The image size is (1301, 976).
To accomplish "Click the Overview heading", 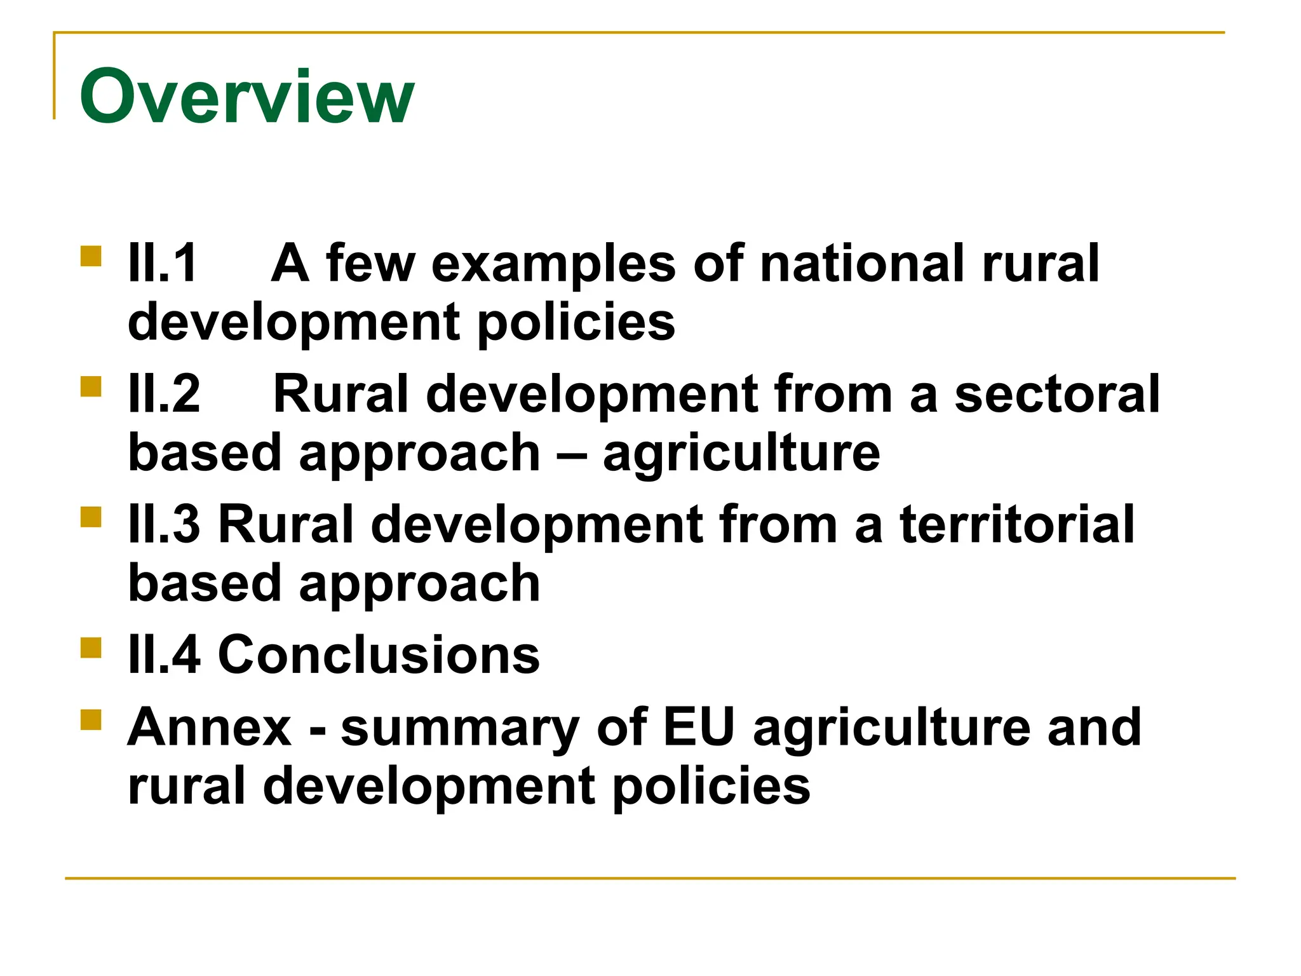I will coord(246,97).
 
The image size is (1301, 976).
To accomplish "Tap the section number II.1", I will coord(163,263).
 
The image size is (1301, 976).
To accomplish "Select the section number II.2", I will coord(165,394).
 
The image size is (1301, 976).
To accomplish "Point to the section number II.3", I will coord(165,524).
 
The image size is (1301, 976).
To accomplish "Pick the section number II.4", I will coord(165,654).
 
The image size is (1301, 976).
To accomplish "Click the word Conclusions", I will coord(379,654).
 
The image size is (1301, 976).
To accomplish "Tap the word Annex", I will coord(210,727).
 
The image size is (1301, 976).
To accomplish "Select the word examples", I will coord(553,264).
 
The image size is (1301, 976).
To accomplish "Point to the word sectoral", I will coord(1057,394).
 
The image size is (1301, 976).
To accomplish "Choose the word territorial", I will coord(1017,524).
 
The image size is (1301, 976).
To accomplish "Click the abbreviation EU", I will coord(698,727).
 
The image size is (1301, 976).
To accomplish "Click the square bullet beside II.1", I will coord(91,256).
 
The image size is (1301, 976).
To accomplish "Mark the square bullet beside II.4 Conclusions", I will coord(91,647).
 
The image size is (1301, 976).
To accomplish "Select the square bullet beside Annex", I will coord(91,720).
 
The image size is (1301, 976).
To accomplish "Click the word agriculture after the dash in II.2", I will coord(741,454).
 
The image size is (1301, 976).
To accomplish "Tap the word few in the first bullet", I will coord(371,263).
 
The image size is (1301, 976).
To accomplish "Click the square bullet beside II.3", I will coord(91,517).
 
